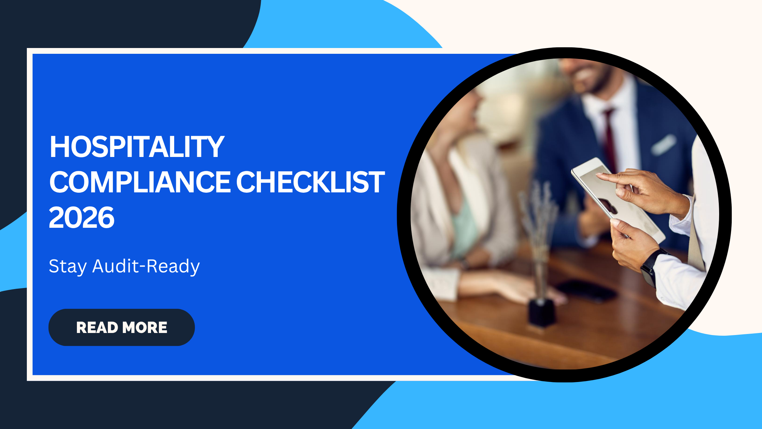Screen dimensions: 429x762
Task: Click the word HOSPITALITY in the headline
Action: (x=137, y=147)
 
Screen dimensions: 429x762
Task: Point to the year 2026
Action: (x=82, y=218)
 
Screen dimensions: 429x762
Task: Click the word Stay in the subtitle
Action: (x=68, y=266)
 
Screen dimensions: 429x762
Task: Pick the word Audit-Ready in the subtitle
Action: (x=146, y=266)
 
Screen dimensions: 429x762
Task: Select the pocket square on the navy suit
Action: (x=663, y=144)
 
